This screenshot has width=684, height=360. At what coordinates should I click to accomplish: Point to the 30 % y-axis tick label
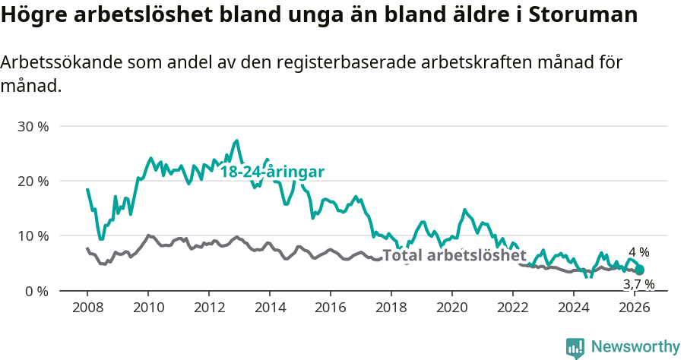pos(33,126)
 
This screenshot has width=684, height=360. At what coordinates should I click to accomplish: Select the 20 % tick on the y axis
pos(33,181)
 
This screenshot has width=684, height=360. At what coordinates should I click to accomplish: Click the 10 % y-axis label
pos(33,235)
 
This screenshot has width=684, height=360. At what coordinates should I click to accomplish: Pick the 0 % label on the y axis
pos(36,291)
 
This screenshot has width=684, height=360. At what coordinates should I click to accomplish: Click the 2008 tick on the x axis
pos(87,308)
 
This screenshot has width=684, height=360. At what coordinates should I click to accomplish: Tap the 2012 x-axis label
pos(209,308)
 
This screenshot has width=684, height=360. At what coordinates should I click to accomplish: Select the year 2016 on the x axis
pos(331,308)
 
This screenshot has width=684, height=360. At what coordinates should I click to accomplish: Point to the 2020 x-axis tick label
pos(452,308)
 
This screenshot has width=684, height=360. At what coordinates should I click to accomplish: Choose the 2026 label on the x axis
pos(635,308)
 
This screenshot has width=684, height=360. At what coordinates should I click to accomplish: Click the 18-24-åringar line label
pos(272,172)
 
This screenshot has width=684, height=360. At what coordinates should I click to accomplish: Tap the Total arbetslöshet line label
pos(454,255)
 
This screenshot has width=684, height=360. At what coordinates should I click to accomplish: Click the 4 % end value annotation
pos(638,252)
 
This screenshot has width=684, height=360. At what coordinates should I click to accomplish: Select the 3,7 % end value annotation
pos(638,284)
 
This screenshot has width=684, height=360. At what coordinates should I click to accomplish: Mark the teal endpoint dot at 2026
pos(639,270)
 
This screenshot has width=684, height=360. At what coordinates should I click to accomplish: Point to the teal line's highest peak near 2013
pos(237,141)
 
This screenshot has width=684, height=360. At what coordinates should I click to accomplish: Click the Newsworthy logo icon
pos(575,347)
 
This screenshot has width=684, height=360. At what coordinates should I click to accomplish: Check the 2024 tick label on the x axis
pos(574,308)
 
